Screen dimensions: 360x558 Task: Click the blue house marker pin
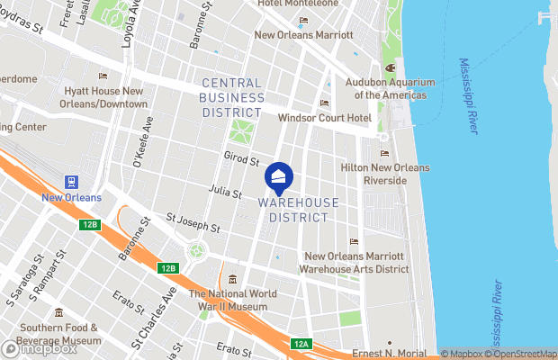pyautogui.click(x=280, y=178)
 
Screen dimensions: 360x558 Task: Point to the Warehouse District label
pyautogui.click(x=299, y=210)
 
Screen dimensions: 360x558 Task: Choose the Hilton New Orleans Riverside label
pyautogui.click(x=385, y=174)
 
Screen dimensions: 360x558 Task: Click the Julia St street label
pyautogui.click(x=224, y=193)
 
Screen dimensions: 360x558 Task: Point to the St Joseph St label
pyautogui.click(x=193, y=221)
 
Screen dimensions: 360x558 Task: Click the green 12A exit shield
pyautogui.click(x=301, y=343)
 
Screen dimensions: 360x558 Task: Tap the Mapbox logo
pyautogui.click(x=40, y=347)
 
